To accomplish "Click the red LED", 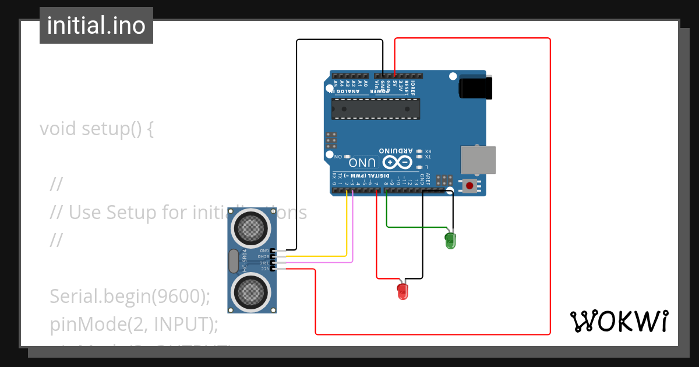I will pyautogui.click(x=403, y=291).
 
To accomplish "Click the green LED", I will pyautogui.click(x=450, y=239).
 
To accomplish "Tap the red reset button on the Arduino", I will pyautogui.click(x=469, y=186).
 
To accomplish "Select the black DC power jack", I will pyautogui.click(x=475, y=87).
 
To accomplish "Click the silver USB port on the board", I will pyautogui.click(x=478, y=160).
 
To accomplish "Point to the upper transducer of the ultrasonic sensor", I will pyautogui.click(x=252, y=228).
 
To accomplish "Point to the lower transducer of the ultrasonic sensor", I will pyautogui.click(x=252, y=291).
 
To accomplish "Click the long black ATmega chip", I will pyautogui.click(x=376, y=109).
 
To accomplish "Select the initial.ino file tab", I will pyautogui.click(x=96, y=26).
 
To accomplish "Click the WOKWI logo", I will pyautogui.click(x=619, y=321).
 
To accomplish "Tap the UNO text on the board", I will pyautogui.click(x=365, y=161).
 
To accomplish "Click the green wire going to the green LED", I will pyautogui.click(x=416, y=227).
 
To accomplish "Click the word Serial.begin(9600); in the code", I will pyautogui.click(x=129, y=297).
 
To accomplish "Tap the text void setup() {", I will pyautogui.click(x=97, y=128).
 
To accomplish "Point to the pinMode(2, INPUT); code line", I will pyautogui.click(x=134, y=324).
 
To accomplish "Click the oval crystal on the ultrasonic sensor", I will pyautogui.click(x=234, y=261).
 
